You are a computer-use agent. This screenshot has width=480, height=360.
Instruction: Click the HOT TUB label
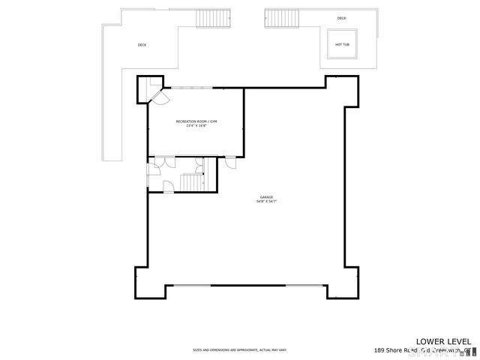[x=341, y=44]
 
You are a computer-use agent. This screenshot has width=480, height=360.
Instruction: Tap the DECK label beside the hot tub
[x=342, y=18]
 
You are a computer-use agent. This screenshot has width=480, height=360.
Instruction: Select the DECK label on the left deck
[x=142, y=45]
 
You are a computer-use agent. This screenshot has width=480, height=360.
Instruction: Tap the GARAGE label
[x=266, y=196]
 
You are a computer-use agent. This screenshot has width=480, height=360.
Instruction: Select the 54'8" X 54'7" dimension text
[x=266, y=202]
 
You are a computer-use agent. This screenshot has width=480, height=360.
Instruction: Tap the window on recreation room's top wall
[x=193, y=87]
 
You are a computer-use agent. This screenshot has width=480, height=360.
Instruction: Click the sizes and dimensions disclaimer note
[x=239, y=349]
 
